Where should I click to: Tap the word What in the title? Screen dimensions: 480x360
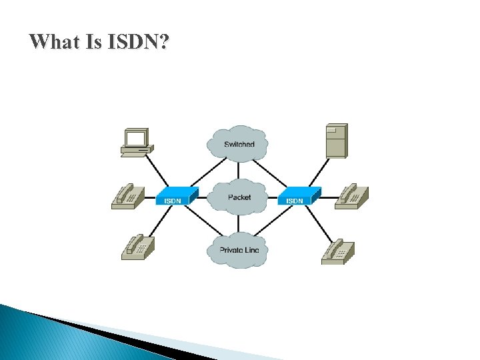click(54, 43)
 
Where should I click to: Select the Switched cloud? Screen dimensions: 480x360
click(239, 143)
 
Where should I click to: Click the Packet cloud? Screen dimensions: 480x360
click(239, 197)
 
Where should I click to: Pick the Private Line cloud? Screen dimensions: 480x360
click(239, 250)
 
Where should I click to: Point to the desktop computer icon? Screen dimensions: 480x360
click(136, 142)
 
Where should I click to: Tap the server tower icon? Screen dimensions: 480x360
click(337, 141)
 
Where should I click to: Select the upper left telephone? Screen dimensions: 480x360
click(127, 197)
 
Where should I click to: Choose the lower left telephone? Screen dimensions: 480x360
click(137, 247)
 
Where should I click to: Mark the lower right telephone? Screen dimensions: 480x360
click(338, 252)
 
